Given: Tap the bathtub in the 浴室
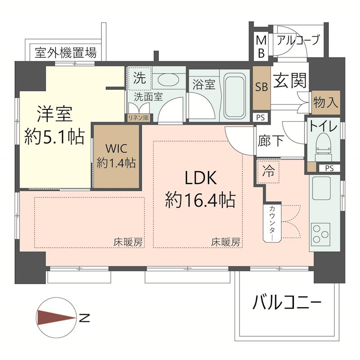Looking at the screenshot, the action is point(234,96).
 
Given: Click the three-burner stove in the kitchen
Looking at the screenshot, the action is point(320,234).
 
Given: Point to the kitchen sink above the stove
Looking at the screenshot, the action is point(321,188).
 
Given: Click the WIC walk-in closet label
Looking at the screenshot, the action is point(117,148).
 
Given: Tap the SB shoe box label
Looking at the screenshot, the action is point(261,87).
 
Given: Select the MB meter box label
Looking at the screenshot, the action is point(261,47).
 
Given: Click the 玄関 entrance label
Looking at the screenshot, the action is point(290,81).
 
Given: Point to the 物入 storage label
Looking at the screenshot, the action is point(326,102).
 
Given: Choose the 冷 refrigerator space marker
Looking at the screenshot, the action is point(268,171).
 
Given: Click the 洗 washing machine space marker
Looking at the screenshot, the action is point(139,77).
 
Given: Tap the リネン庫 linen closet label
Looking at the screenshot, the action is point(138,118).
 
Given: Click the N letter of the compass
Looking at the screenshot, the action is point(84,318).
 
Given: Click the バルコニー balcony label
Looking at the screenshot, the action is point(287,302).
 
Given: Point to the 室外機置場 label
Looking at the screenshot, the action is point(66,53).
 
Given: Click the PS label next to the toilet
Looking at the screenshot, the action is point(329,168).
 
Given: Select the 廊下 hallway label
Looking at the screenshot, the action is point(271,141).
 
